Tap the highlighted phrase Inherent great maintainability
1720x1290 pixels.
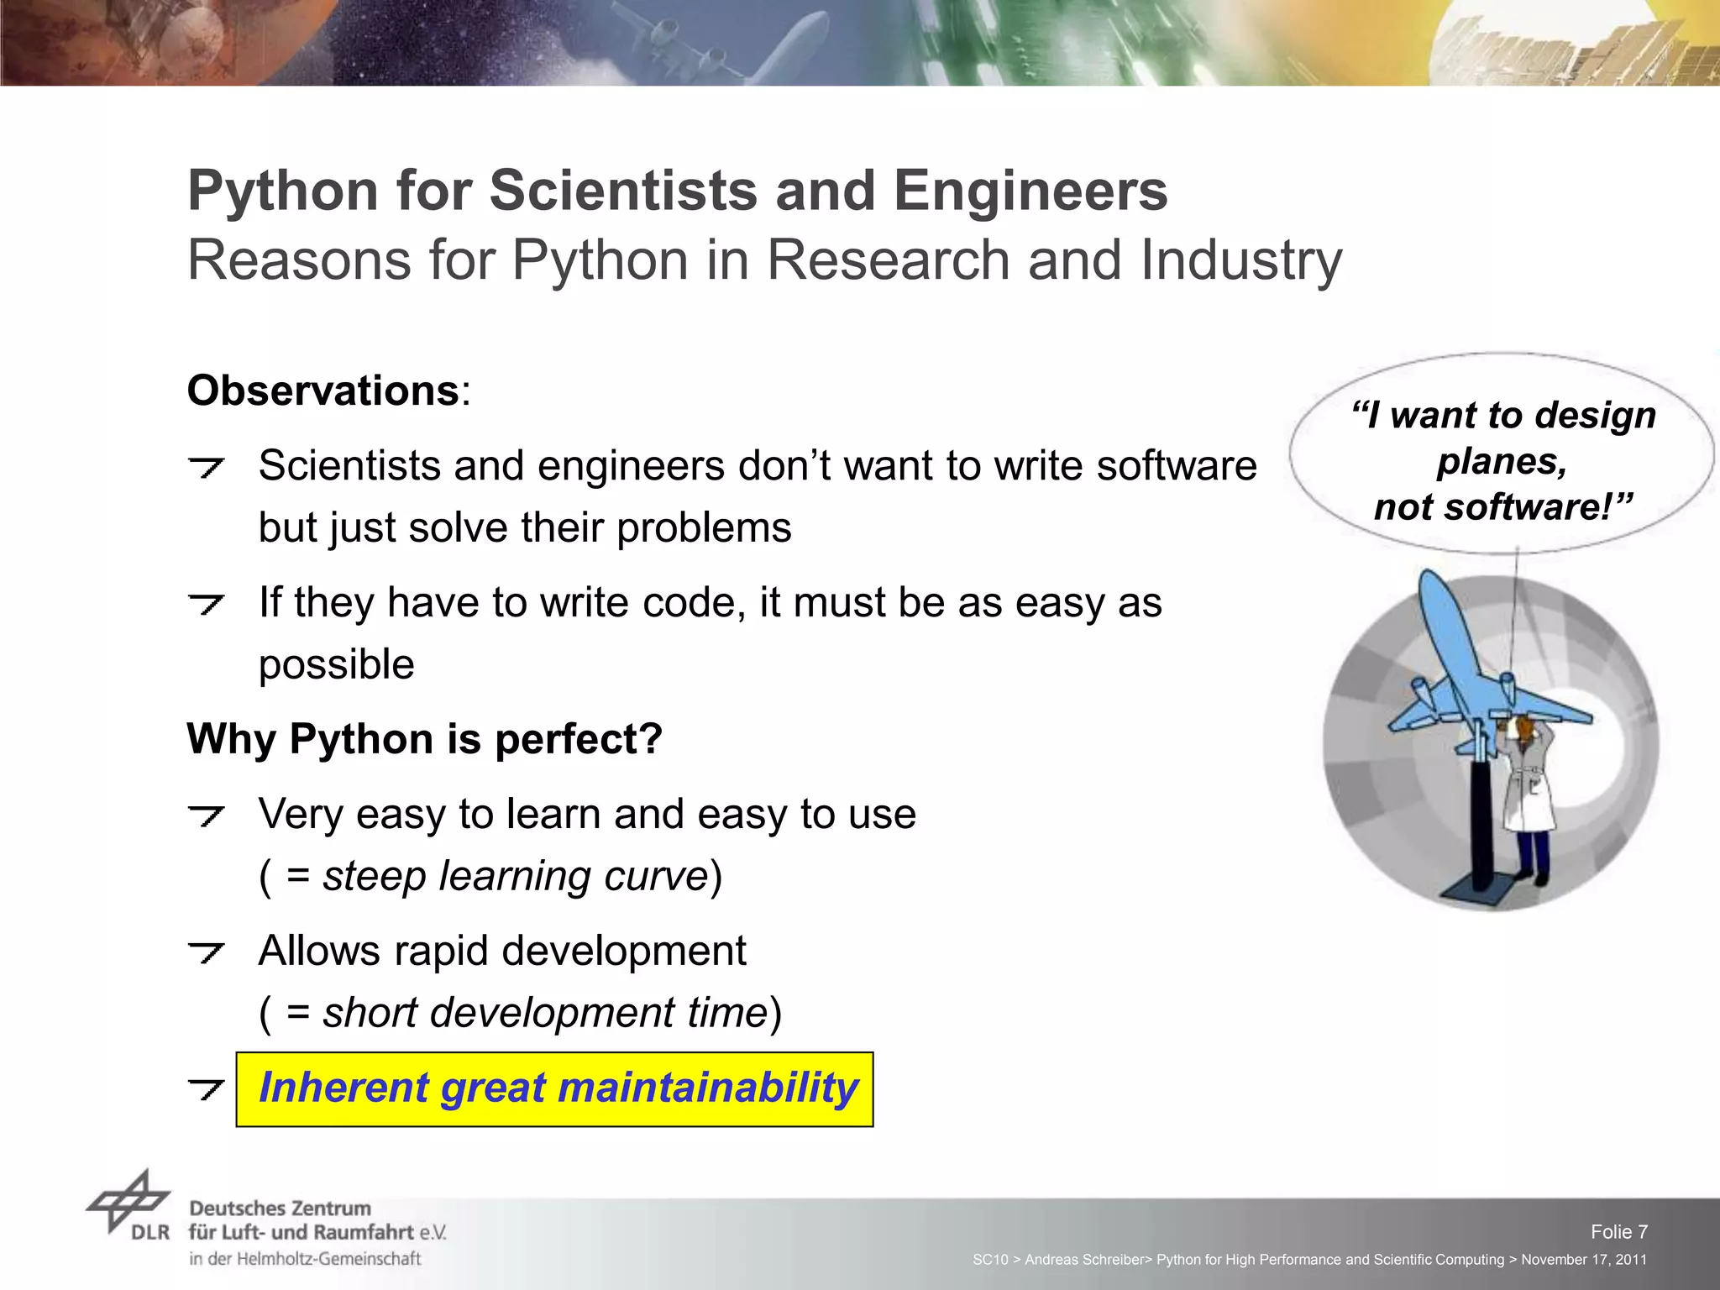pyautogui.click(x=558, y=1088)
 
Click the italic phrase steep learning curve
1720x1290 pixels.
pyautogui.click(x=516, y=877)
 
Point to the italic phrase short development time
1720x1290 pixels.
pyautogui.click(x=544, y=1013)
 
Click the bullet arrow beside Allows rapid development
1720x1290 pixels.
pyautogui.click(x=206, y=952)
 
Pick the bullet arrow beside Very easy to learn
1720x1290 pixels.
pyautogui.click(x=206, y=815)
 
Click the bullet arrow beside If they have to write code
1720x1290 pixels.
pyautogui.click(x=206, y=604)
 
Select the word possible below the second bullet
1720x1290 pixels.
pyautogui.click(x=336, y=665)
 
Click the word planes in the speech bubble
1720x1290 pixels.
pyautogui.click(x=1501, y=462)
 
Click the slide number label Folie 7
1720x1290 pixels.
pyautogui.click(x=1618, y=1232)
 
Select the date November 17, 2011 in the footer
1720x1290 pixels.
pyautogui.click(x=1583, y=1260)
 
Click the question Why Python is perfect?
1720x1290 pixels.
pyautogui.click(x=425, y=740)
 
